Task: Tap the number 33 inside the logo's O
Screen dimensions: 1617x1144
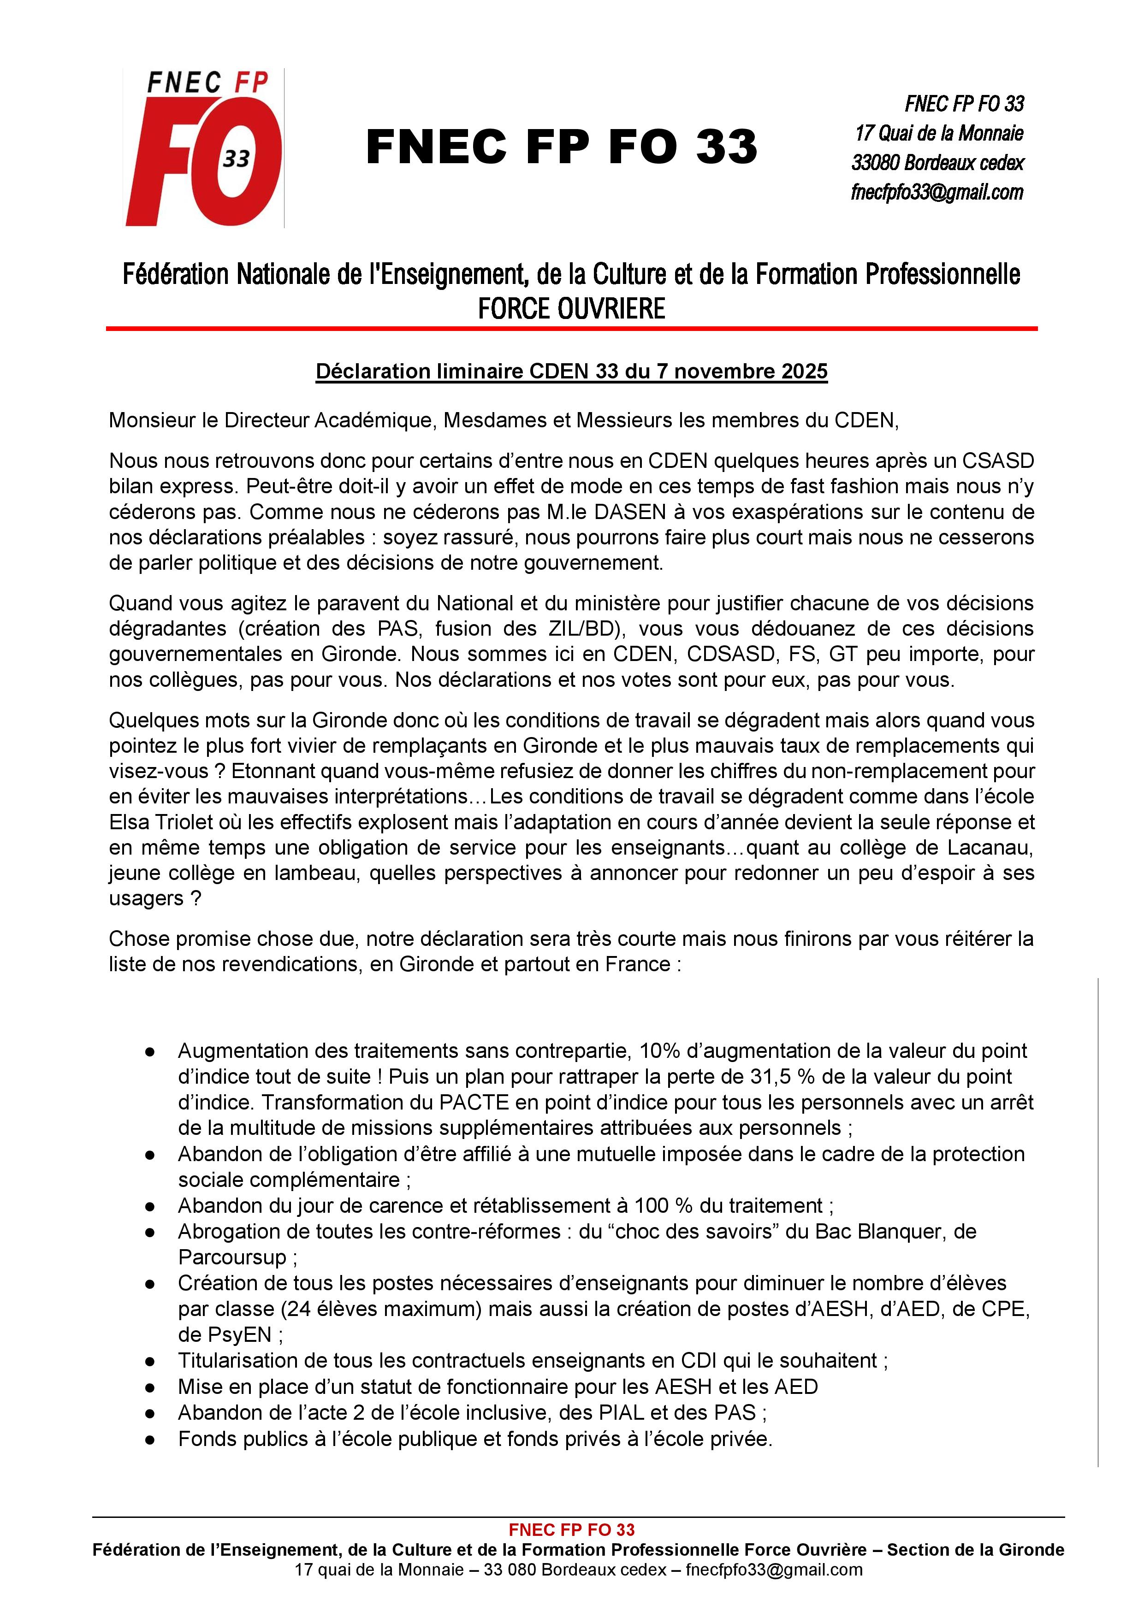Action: [237, 159]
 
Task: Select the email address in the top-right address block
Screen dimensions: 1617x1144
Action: [937, 192]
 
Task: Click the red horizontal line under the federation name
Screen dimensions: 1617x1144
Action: [571, 328]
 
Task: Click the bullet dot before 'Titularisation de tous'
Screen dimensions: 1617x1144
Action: [150, 1361]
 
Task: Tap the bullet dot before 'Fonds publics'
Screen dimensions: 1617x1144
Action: [150, 1439]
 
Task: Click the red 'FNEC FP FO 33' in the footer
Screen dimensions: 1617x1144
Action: [571, 1530]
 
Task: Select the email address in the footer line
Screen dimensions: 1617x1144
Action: [774, 1570]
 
